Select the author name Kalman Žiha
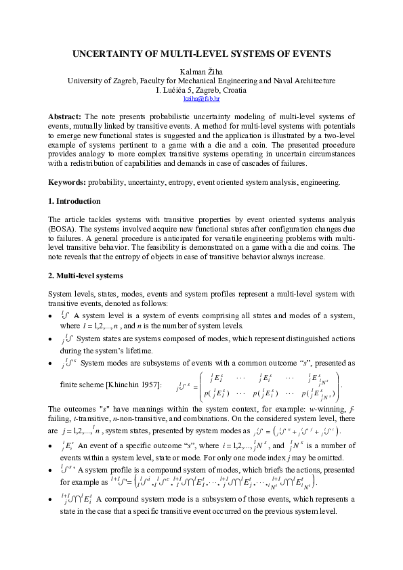click(201, 71)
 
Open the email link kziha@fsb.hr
click(201, 98)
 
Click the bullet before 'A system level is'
click(51, 316)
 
